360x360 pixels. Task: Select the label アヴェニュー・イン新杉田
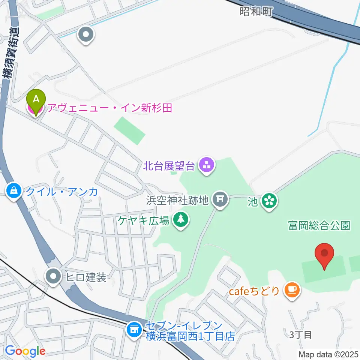(108, 109)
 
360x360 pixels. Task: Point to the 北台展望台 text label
(169, 165)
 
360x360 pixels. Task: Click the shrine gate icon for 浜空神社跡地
(220, 199)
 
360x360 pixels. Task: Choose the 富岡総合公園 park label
(319, 225)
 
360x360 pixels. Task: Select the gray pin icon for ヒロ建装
(54, 277)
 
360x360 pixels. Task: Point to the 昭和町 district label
(255, 12)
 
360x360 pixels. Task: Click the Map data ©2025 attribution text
(328, 354)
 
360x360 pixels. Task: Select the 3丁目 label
(301, 334)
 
